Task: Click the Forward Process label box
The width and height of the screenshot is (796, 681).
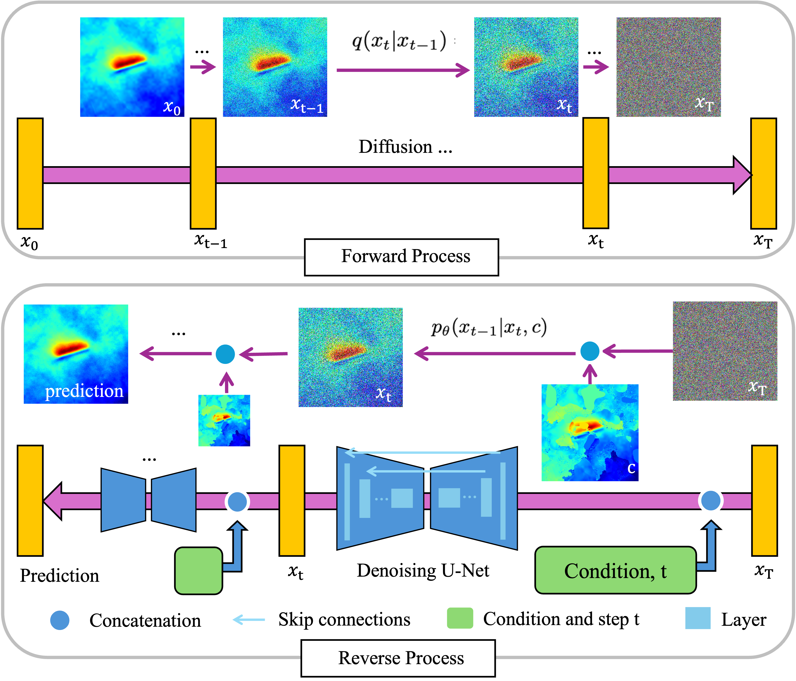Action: click(402, 256)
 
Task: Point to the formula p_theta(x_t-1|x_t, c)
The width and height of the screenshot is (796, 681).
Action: click(489, 328)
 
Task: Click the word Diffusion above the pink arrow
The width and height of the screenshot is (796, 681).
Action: click(395, 147)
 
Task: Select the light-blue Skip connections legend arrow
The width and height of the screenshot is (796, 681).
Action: click(249, 619)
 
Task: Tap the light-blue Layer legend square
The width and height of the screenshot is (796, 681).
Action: click(698, 618)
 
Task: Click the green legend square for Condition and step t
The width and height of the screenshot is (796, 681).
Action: click(460, 618)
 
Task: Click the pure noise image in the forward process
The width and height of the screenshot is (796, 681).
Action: click(668, 67)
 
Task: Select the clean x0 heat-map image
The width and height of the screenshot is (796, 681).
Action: click(132, 67)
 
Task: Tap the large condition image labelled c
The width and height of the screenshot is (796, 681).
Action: click(590, 433)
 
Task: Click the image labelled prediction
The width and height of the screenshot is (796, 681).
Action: click(76, 354)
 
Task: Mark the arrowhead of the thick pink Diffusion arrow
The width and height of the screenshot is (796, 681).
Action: click(741, 175)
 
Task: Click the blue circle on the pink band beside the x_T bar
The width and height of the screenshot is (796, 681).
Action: click(711, 501)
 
